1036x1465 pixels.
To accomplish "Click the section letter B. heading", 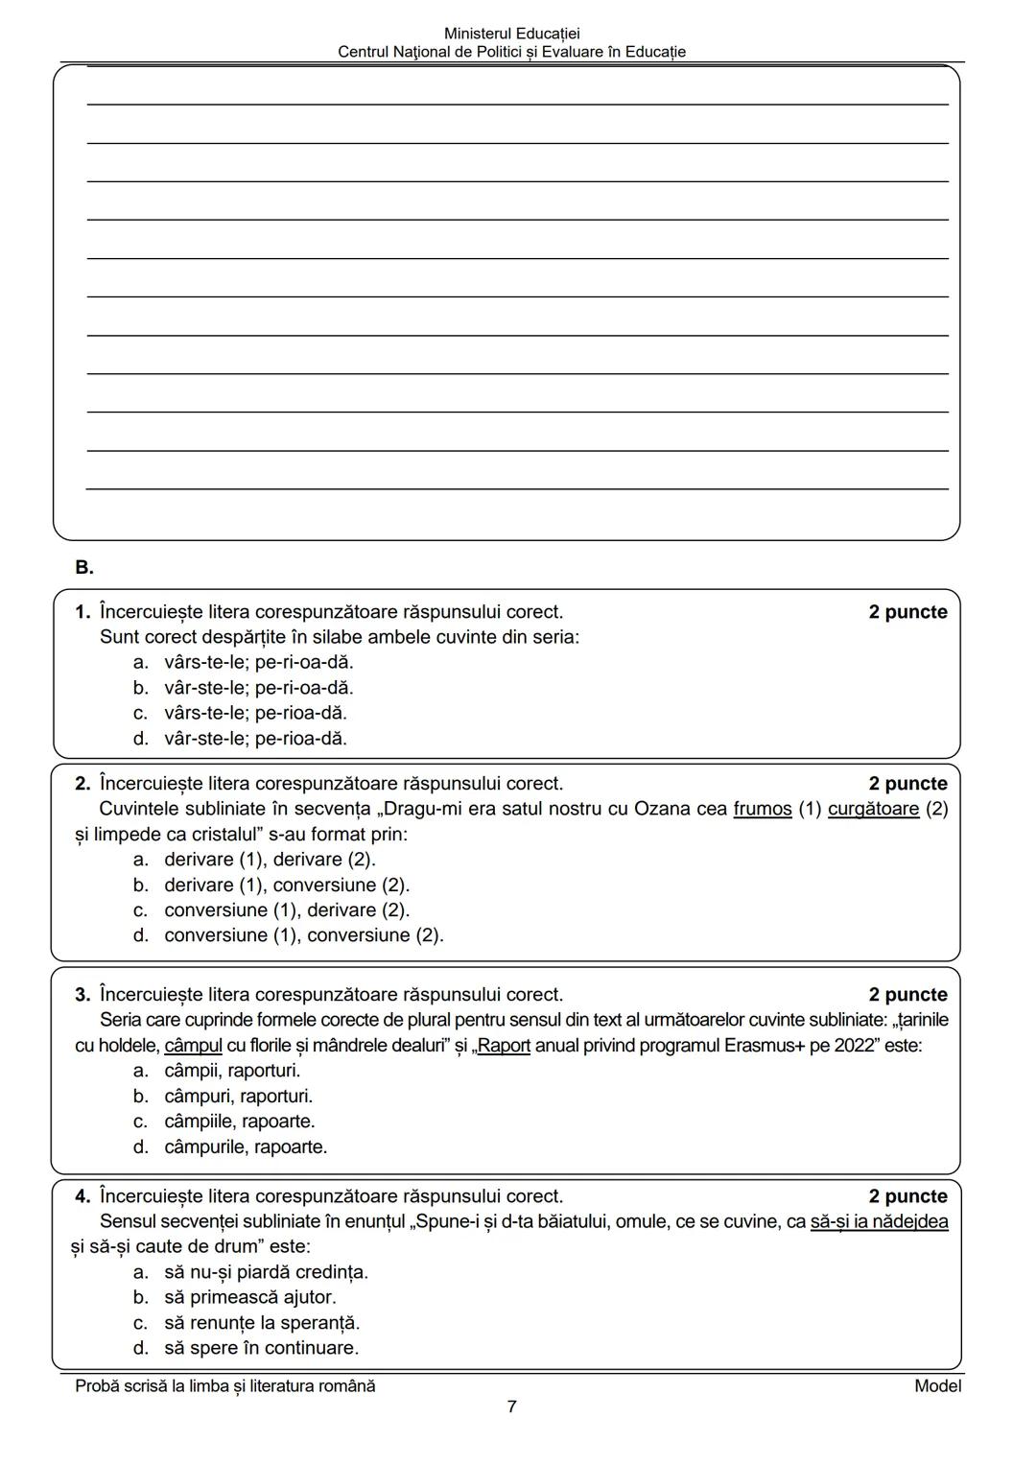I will (x=84, y=568).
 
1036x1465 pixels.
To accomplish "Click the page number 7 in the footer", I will (x=511, y=1407).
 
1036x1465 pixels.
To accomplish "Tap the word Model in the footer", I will (x=937, y=1386).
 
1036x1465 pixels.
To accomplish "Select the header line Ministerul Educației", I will (x=511, y=34).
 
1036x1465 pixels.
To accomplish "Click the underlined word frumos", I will (x=763, y=809).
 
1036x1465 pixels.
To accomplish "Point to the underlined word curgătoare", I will (x=873, y=809).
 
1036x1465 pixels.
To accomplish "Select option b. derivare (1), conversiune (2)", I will (x=286, y=886).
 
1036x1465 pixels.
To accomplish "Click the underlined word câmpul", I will (x=193, y=1046).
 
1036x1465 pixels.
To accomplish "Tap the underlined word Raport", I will (x=504, y=1046).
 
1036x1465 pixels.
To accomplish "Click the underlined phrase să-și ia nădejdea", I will (x=879, y=1222).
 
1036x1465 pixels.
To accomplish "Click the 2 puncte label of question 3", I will (x=907, y=995).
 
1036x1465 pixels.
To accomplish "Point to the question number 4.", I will (x=82, y=1196).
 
